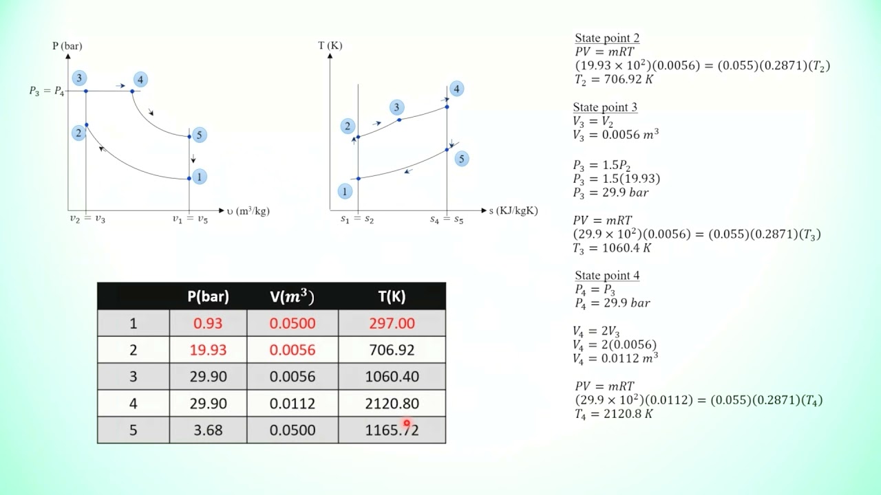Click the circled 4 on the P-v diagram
pos(140,80)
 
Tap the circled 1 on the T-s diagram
pos(345,192)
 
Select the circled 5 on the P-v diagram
pos(199,135)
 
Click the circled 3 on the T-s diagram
pos(396,107)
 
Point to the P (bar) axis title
pos(67,46)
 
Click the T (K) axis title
pos(330,46)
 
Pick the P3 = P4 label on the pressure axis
pos(47,91)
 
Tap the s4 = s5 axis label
pos(447,219)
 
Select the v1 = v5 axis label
pos(190,219)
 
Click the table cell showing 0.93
pos(208,323)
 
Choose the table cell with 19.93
pos(208,350)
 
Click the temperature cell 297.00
pos(392,323)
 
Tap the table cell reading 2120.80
pos(392,404)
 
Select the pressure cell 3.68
pos(208,430)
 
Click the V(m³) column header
pos(292,296)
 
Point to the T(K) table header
pos(392,296)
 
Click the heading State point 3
pos(605,107)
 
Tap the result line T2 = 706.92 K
pos(614,80)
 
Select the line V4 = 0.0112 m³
pos(615,358)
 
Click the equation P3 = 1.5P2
pos(602,166)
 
